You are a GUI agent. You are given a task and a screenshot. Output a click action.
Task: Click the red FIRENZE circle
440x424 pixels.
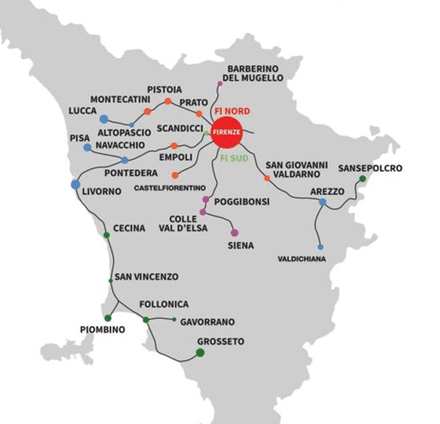tap(226, 133)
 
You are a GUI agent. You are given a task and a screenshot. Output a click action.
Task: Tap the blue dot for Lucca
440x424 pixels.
tap(104, 119)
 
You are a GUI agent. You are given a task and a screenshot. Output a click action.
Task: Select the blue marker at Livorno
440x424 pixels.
tap(75, 184)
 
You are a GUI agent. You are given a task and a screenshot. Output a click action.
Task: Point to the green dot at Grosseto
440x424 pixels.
tap(200, 352)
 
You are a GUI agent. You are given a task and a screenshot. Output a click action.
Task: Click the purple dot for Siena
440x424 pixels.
tap(234, 233)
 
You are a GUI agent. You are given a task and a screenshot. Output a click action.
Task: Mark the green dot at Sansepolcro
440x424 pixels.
tap(362, 178)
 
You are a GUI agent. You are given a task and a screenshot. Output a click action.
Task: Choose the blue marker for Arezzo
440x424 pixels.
tap(322, 202)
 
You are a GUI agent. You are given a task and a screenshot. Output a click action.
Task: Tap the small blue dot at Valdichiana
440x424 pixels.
tap(320, 247)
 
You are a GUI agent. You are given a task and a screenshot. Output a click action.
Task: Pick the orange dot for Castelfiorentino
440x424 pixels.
tap(175, 175)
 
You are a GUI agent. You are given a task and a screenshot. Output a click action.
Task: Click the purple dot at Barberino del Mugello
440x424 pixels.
tap(219, 83)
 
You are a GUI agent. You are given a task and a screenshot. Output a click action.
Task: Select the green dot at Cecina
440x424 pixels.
tap(106, 235)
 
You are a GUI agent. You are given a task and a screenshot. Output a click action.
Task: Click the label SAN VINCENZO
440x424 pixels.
tap(146, 277)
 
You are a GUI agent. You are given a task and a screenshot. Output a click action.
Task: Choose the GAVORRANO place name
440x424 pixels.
tap(207, 322)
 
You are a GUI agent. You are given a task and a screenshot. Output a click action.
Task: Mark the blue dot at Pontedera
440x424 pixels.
tap(124, 160)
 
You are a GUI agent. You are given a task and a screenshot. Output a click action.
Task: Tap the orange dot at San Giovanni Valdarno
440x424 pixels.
tap(267, 178)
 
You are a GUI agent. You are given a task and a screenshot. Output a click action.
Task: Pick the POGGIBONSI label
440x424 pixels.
tap(241, 201)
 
